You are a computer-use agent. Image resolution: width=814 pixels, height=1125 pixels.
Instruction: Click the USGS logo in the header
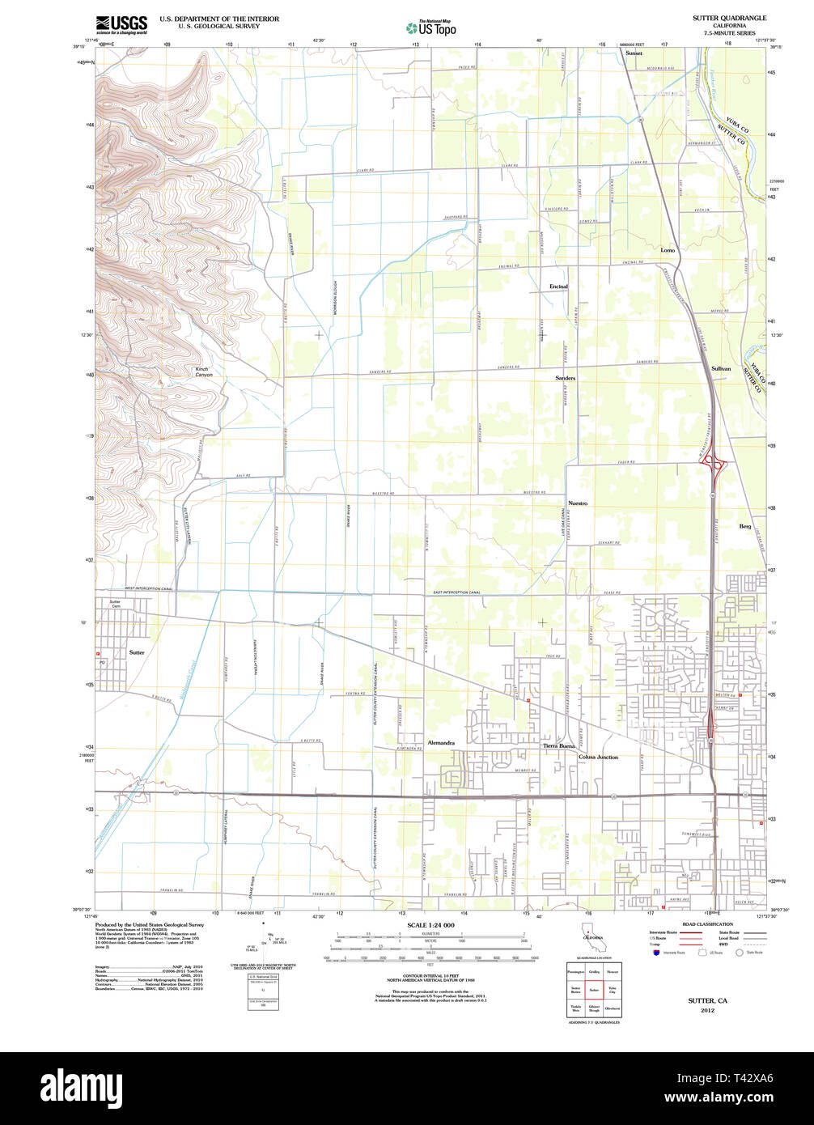pyautogui.click(x=121, y=24)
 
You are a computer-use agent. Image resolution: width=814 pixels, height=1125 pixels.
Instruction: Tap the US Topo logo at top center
pyautogui.click(x=430, y=28)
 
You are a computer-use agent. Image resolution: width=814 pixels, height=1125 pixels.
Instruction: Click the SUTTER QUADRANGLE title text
pyautogui.click(x=729, y=18)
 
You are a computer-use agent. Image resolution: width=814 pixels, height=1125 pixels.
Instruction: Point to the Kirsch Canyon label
pyautogui.click(x=203, y=372)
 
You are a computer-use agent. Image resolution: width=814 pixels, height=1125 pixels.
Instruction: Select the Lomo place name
pyautogui.click(x=668, y=250)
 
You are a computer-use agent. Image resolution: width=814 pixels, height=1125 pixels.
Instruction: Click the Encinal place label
pyautogui.click(x=558, y=287)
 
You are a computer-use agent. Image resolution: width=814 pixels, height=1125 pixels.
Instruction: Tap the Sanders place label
pyautogui.click(x=565, y=378)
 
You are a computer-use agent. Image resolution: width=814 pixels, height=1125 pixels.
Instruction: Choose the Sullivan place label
pyautogui.click(x=720, y=368)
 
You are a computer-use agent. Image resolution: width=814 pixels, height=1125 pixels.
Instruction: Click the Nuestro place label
pyautogui.click(x=577, y=503)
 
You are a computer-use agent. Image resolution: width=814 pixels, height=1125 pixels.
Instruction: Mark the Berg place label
pyautogui.click(x=744, y=526)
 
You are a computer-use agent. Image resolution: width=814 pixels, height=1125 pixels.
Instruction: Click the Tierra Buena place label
pyautogui.click(x=558, y=745)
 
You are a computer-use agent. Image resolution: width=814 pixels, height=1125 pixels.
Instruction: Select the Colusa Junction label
pyautogui.click(x=598, y=757)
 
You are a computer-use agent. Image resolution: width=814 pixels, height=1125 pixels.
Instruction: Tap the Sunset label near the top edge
pyautogui.click(x=634, y=53)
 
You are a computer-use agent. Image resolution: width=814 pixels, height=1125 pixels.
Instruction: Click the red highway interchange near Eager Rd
pyautogui.click(x=714, y=464)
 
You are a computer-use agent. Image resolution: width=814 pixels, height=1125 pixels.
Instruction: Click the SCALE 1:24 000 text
pyautogui.click(x=430, y=925)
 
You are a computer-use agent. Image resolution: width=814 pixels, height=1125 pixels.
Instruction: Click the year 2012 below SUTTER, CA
pyautogui.click(x=707, y=1011)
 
